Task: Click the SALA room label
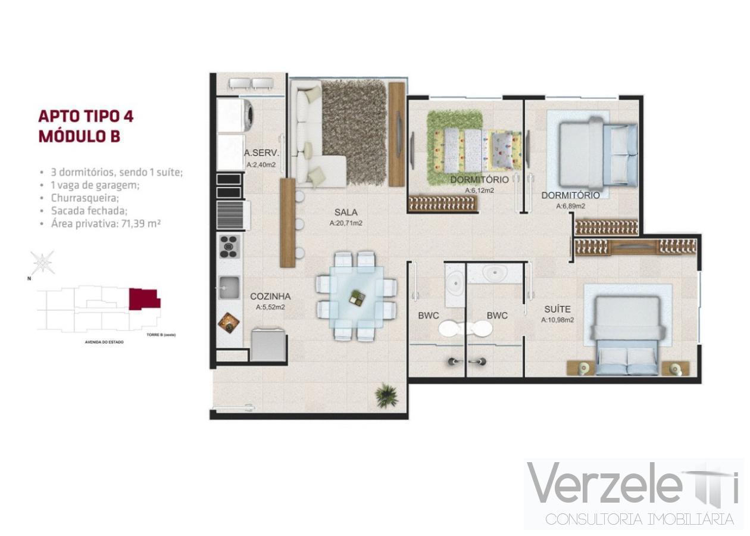[345, 211]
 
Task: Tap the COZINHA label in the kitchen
[270, 296]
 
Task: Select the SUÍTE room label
[557, 309]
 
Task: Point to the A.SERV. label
[262, 152]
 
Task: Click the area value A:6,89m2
[570, 206]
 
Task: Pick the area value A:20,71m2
[346, 223]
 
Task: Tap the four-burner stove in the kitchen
[229, 246]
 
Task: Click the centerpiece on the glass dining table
[357, 297]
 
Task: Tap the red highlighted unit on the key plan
[144, 298]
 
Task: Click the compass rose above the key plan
[43, 262]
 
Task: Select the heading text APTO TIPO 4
[86, 116]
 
